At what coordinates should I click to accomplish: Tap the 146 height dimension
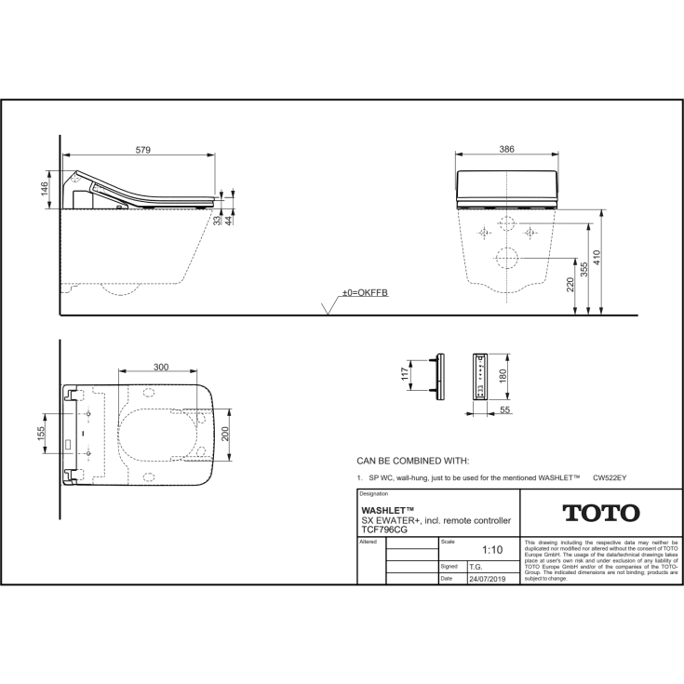coord(44,190)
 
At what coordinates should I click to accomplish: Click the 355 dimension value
coord(583,271)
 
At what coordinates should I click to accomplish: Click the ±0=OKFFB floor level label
coord(364,293)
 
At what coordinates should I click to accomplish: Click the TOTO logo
coord(600,513)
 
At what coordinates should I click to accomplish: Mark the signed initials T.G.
coord(476,565)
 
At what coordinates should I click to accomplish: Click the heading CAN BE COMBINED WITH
coord(412,460)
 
